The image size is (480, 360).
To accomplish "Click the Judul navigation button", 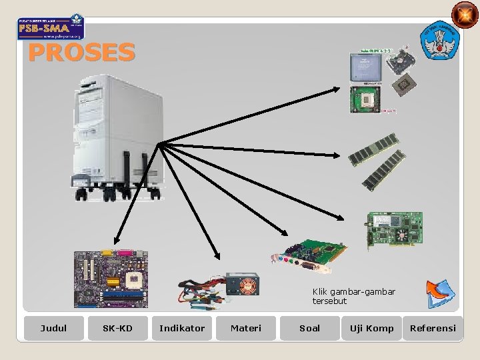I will click(x=53, y=328).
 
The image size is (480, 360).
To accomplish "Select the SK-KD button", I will click(x=117, y=328).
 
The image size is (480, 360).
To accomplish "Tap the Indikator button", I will click(x=182, y=328).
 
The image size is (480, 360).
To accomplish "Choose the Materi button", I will click(x=246, y=328).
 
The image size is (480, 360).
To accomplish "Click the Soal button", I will click(x=309, y=328).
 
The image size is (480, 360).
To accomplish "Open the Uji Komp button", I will click(x=371, y=328).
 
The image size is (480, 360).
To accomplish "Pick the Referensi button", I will click(x=433, y=328).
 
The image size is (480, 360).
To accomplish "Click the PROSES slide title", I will click(x=81, y=52).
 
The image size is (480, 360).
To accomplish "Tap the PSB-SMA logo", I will click(x=51, y=27).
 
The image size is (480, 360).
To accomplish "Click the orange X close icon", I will click(x=465, y=15).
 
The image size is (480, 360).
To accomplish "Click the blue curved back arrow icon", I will click(x=440, y=294).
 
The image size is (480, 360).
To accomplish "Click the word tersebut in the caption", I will click(x=329, y=301).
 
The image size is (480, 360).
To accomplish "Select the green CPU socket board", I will click(x=365, y=99).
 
